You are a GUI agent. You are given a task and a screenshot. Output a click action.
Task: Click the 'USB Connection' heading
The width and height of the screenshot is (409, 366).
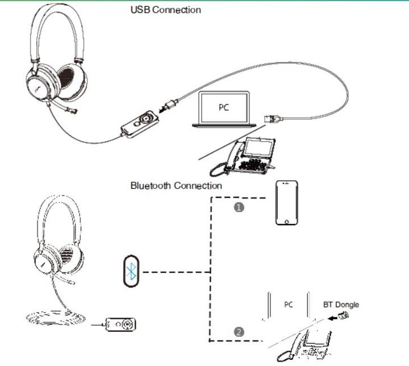165,10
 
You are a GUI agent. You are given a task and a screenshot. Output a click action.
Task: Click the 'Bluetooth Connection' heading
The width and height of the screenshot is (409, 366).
176,186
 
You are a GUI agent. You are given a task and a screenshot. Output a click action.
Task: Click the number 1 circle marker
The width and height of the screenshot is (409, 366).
239,208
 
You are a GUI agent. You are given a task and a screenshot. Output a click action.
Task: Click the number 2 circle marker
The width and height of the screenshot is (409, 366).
239,331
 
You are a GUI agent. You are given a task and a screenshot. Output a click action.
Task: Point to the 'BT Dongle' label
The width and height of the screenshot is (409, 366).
341,305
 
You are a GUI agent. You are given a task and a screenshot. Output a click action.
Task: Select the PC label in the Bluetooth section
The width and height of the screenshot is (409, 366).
289,305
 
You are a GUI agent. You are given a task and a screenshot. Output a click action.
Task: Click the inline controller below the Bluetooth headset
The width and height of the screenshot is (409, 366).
121,325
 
